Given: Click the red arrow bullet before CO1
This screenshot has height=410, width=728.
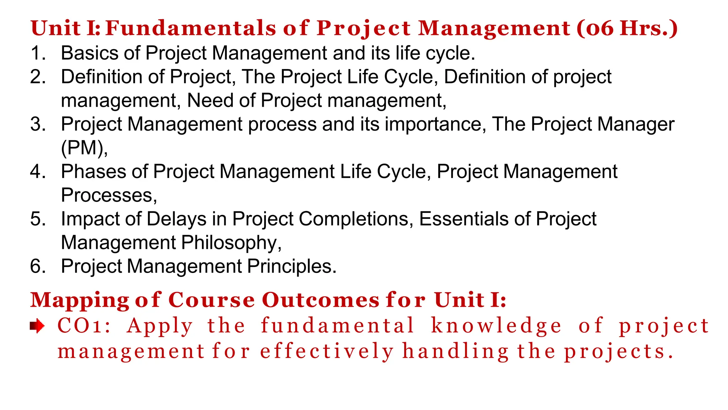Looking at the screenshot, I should tap(37, 326).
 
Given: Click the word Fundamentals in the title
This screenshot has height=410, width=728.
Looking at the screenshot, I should tap(191, 28).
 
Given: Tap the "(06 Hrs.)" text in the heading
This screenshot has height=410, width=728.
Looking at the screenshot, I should tap(627, 28).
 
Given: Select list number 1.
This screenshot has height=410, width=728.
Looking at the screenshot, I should tap(38, 53).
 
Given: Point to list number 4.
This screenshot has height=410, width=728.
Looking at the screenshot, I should tap(38, 172).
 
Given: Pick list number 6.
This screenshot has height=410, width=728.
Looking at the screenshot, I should tap(38, 267).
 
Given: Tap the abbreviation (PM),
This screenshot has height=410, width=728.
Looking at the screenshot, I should tap(84, 148).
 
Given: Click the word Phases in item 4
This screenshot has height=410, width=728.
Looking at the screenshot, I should tap(93, 172).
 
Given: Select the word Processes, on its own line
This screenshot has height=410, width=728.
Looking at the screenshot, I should tap(109, 195).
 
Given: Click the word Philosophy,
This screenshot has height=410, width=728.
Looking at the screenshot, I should tap(231, 243).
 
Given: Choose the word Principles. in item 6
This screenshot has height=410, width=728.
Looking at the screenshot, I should tap(292, 267).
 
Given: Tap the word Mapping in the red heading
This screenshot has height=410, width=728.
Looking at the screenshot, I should tap(80, 300).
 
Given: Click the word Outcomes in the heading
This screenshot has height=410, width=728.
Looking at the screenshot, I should tap(321, 300).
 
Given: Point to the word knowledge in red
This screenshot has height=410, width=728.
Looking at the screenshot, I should tap(496, 326).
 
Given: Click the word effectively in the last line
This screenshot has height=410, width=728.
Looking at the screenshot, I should tap(327, 352).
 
